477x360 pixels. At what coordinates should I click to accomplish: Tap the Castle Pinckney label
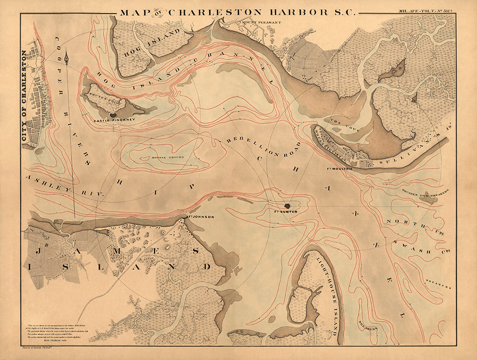click(x=112, y=120)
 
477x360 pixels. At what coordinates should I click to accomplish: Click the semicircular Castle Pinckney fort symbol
click(x=113, y=115)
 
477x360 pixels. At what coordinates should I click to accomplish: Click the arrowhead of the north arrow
click(x=69, y=57)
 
